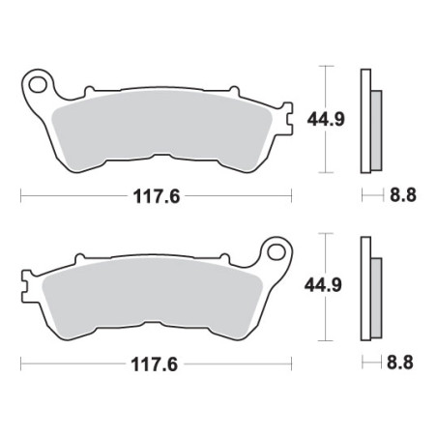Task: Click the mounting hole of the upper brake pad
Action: point(38,85)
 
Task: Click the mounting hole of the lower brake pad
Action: point(277,252)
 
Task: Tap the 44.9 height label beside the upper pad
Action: point(326,119)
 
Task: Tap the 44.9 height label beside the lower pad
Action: point(323,285)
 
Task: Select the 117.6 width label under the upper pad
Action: point(157,196)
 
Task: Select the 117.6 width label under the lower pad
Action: point(155,364)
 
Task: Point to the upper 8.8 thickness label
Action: point(403,194)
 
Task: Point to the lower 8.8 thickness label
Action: point(400,363)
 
